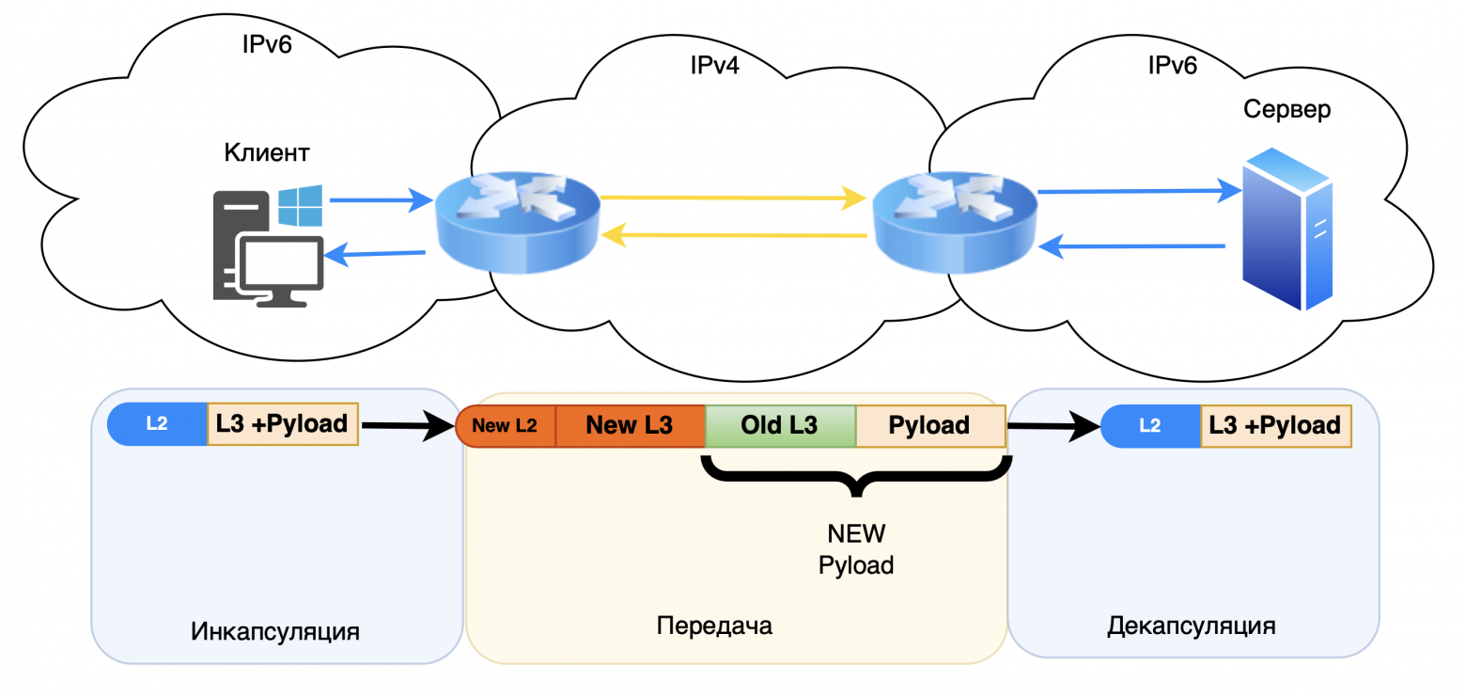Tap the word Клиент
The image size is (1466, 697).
point(267,151)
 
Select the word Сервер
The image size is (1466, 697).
point(1287,109)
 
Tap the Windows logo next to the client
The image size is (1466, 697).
point(301,205)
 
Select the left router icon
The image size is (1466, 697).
point(517,223)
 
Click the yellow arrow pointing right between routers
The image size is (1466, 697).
point(733,198)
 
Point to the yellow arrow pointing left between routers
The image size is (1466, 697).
point(733,235)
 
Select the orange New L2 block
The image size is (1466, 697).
point(506,425)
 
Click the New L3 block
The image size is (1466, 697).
point(629,425)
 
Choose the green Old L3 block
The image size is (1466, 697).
point(779,425)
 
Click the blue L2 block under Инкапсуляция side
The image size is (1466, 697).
point(157,424)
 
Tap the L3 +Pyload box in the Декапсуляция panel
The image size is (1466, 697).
point(1275,425)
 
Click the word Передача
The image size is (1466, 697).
point(714,626)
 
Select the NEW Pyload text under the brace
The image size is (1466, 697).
point(855,549)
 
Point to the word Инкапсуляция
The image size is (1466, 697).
point(275,629)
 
